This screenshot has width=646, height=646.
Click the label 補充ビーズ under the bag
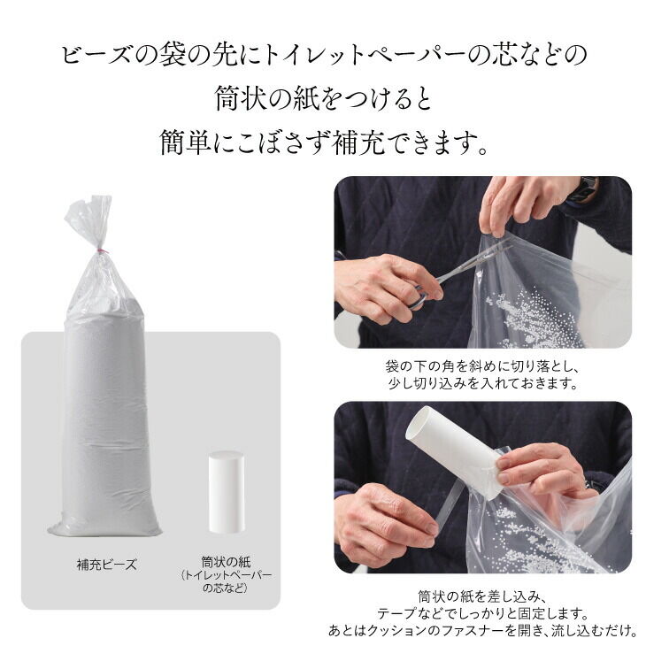106,563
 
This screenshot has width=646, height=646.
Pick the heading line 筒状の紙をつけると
323,98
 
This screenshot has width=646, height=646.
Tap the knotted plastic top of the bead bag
88,221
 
